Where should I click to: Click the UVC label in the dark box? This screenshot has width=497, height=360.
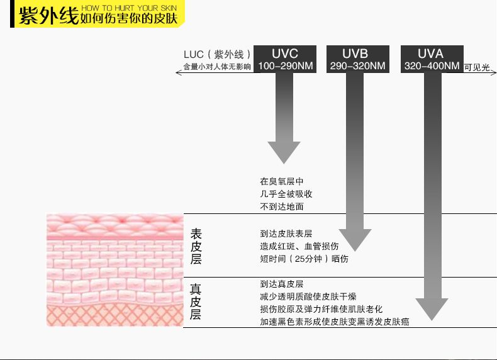pyautogui.click(x=285, y=53)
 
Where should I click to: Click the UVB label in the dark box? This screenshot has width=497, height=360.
pyautogui.click(x=355, y=53)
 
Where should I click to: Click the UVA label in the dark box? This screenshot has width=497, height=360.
pyautogui.click(x=430, y=53)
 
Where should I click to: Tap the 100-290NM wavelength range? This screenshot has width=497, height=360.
pyautogui.click(x=285, y=66)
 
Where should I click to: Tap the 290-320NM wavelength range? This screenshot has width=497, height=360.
pyautogui.click(x=357, y=66)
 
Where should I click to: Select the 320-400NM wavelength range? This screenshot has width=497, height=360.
pyautogui.click(x=432, y=66)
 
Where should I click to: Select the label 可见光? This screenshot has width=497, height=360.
pyautogui.click(x=476, y=67)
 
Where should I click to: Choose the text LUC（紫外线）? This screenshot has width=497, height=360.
pyautogui.click(x=218, y=55)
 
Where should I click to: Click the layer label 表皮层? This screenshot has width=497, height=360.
pyautogui.click(x=196, y=246)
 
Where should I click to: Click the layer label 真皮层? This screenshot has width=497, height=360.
pyautogui.click(x=196, y=302)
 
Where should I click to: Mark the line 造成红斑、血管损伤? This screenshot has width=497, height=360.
pyautogui.click(x=299, y=246)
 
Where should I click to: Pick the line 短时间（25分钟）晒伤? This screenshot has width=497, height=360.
pyautogui.click(x=304, y=259)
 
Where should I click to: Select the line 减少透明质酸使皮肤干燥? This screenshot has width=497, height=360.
pyautogui.click(x=308, y=296)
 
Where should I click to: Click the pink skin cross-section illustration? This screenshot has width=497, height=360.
pyautogui.click(x=113, y=270)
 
